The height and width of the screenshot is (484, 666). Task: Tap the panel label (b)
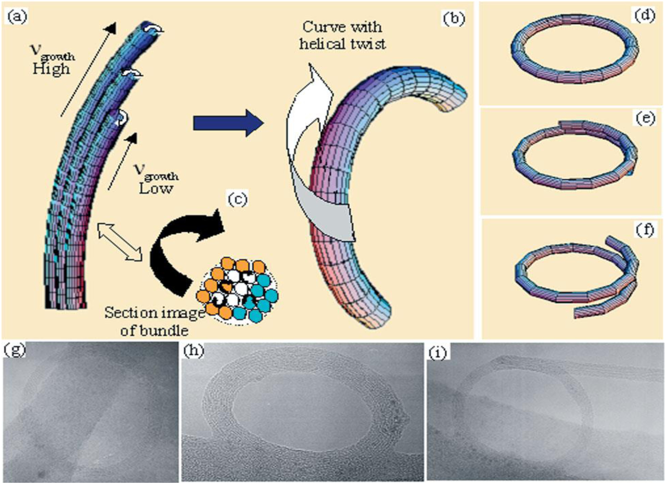[454, 19]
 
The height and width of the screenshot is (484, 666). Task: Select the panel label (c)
[238, 200]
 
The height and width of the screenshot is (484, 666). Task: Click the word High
[51, 69]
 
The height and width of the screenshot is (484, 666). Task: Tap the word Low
[155, 189]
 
